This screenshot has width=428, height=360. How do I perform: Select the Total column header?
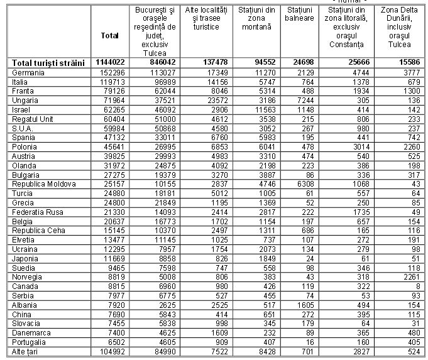(109, 36)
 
